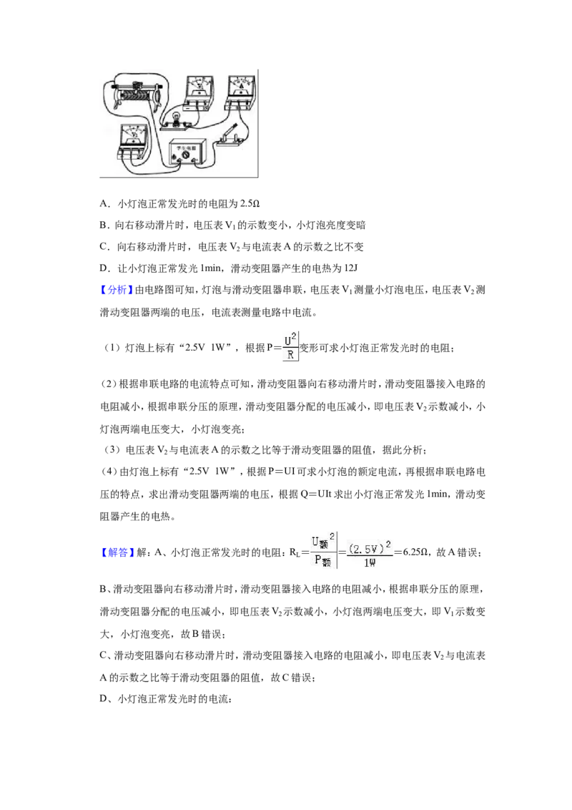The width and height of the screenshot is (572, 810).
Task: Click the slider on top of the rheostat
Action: (137, 86)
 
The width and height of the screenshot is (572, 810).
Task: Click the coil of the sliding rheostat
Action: (137, 96)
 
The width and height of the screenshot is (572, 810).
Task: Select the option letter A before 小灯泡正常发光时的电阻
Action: (104, 203)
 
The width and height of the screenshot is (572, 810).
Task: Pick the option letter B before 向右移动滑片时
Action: (103, 225)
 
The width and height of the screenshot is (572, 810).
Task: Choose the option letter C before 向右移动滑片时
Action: (104, 247)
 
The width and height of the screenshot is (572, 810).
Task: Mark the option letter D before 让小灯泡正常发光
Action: (104, 268)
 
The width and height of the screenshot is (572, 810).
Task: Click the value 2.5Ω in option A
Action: (250, 203)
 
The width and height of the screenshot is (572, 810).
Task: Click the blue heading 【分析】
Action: (117, 290)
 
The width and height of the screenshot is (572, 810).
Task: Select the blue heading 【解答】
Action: (117, 552)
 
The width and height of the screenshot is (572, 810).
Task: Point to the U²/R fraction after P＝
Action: (290, 346)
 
